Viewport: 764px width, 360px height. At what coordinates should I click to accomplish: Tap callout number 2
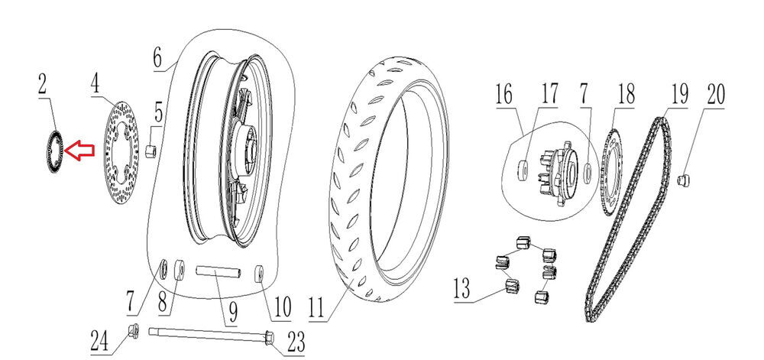coord(44,85)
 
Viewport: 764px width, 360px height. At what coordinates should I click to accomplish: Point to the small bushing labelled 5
coord(151,147)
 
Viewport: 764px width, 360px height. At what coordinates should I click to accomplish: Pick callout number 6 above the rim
coord(157,57)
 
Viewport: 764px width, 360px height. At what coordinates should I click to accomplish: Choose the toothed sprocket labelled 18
coord(612,173)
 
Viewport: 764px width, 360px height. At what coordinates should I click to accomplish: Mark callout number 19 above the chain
coord(679,95)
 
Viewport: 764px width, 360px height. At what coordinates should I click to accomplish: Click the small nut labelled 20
coord(685,180)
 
